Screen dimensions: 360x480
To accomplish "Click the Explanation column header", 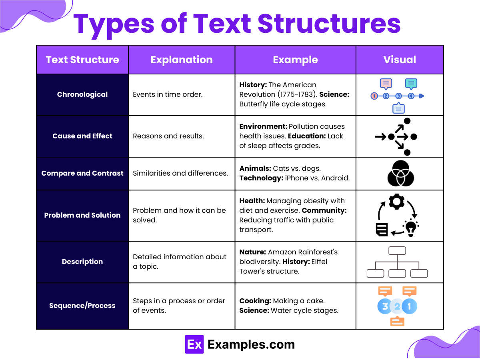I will click(182, 60).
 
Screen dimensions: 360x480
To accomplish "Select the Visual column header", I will click(400, 60).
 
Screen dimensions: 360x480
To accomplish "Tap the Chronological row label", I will click(82, 95).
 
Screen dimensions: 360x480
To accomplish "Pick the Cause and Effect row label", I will click(82, 136).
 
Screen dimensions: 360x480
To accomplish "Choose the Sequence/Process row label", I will click(82, 306).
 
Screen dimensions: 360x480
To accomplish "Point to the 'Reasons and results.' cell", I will click(168, 136).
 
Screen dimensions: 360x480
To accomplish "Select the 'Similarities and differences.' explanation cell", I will click(180, 174).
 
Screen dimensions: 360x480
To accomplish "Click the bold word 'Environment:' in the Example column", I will click(263, 126).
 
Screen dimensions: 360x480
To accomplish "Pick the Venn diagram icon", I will click(400, 174).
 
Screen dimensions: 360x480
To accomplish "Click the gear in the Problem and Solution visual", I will click(396, 202).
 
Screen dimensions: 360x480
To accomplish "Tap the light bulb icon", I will click(411, 228).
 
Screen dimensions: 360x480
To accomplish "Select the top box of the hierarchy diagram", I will click(397, 251).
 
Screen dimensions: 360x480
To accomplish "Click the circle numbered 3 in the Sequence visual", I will click(384, 306).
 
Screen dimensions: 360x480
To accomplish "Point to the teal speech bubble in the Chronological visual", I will click(411, 84).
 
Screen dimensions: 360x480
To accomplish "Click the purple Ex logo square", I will click(194, 344).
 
